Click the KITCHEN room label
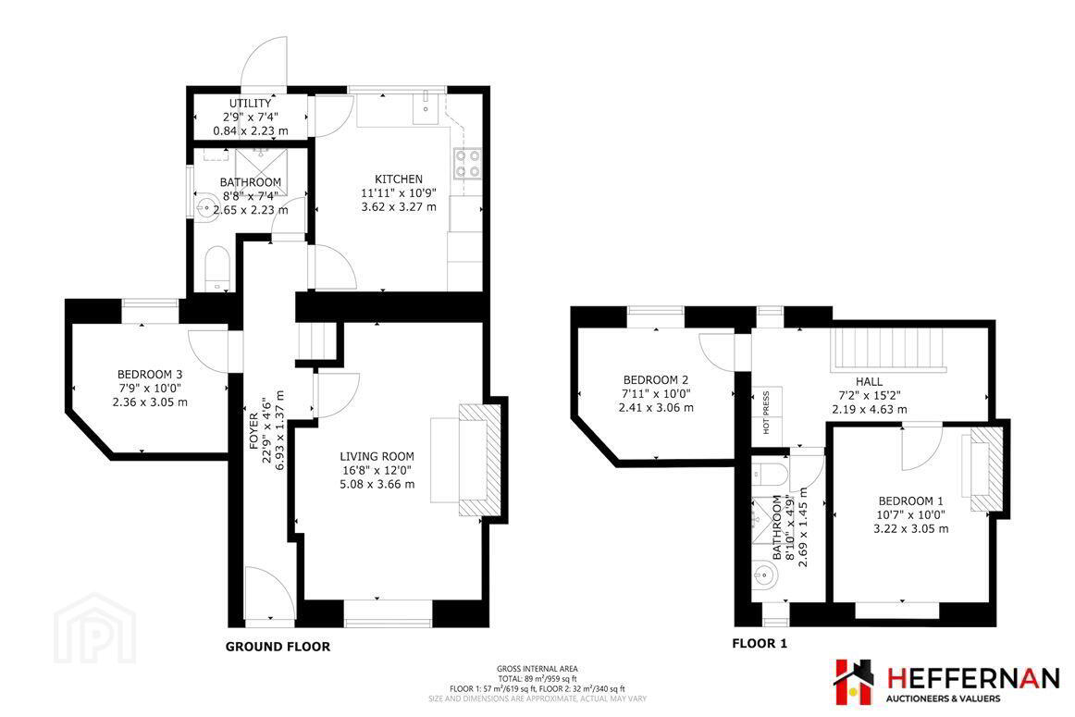tap(399, 179)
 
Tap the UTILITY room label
tap(250, 103)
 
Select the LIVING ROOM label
tap(377, 456)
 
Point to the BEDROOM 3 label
tap(150, 375)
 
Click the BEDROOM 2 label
tap(655, 379)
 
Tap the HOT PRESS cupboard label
tap(766, 412)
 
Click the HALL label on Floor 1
tap(869, 382)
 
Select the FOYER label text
tap(254, 430)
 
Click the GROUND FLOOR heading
tap(278, 647)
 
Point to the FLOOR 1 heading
tap(760, 644)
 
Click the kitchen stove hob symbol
tap(467, 163)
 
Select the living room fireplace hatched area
tap(480, 459)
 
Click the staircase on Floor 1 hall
tap(888, 350)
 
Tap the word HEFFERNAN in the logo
tap(973, 679)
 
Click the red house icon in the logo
tap(854, 682)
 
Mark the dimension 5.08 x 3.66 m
tap(377, 485)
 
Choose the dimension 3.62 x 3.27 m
tap(399, 206)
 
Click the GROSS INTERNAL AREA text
tap(537, 669)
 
